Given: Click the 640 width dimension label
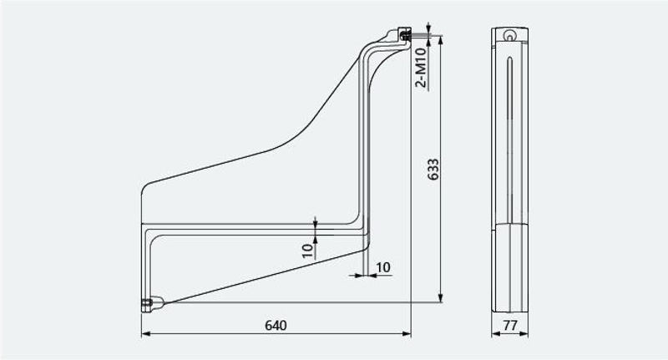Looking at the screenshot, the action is (x=276, y=326).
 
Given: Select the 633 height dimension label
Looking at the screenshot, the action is (x=433, y=170).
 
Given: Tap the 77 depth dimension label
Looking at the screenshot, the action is (x=510, y=326).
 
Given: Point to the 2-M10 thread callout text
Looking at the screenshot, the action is (x=421, y=68).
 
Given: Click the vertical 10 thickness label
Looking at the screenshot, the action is (x=308, y=251).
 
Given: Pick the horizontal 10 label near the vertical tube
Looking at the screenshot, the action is (x=383, y=267).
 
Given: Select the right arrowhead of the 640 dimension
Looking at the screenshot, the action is (x=406, y=334).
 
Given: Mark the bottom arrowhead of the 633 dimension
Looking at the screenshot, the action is (x=441, y=297).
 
